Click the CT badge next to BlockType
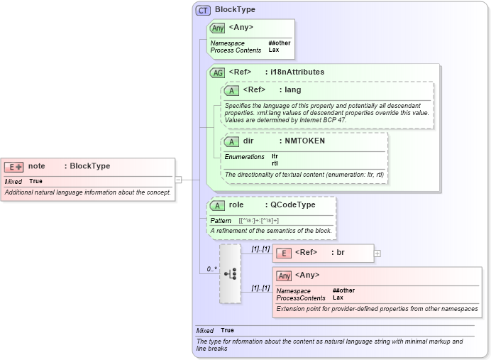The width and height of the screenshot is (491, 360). [204, 10]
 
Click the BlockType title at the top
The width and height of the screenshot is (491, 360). [235, 10]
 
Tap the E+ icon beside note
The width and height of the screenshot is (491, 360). [13, 166]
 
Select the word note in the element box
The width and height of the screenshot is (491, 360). [37, 166]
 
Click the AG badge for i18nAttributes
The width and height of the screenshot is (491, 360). [217, 72]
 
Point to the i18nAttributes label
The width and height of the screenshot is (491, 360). [294, 72]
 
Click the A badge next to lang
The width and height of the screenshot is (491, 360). [231, 90]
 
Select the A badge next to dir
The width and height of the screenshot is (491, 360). [231, 141]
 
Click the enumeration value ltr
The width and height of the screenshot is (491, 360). [275, 156]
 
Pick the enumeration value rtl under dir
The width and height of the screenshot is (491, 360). [275, 163]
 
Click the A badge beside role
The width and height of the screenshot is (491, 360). [217, 205]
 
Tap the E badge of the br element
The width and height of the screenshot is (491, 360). [283, 253]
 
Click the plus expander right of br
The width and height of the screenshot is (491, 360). [377, 253]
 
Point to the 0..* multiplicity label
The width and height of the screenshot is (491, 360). [211, 269]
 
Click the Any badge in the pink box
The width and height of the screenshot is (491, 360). [284, 276]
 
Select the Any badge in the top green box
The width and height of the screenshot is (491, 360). [218, 28]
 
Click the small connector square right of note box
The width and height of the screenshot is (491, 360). [178, 180]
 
